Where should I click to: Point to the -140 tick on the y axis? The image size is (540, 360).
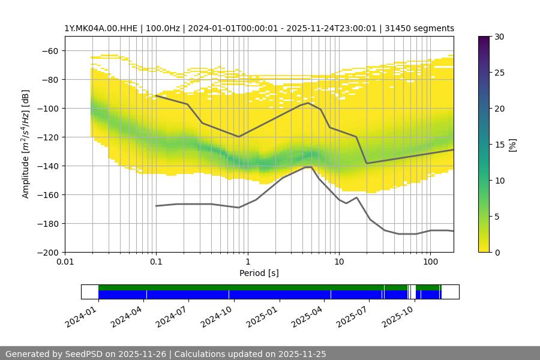49,166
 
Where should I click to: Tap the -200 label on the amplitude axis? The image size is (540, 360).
49,252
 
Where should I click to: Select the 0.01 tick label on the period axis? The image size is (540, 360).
65,262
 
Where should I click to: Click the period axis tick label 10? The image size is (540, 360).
338,262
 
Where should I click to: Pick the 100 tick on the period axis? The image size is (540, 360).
430,262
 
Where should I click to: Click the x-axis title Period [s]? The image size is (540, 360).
259,273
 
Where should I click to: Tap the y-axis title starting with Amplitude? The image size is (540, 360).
25,144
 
